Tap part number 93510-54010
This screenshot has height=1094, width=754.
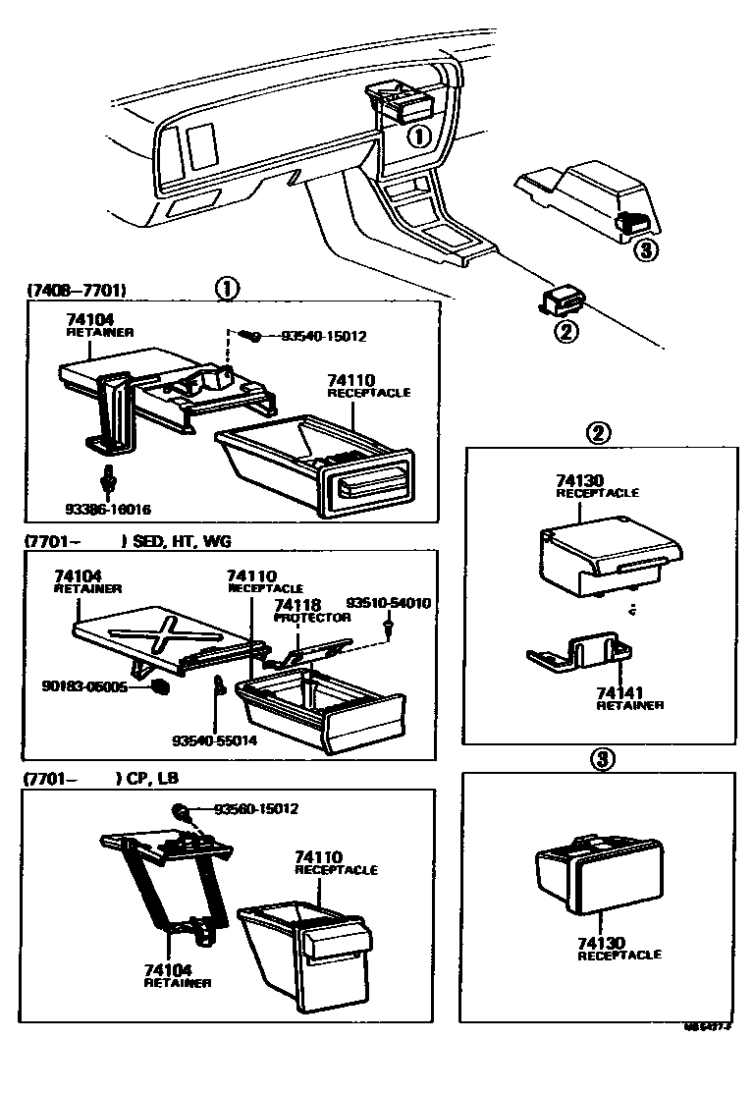[x=389, y=602]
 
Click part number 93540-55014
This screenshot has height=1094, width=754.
[x=214, y=740]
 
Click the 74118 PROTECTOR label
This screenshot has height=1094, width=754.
[x=311, y=611]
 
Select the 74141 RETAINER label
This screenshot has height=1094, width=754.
[x=629, y=698]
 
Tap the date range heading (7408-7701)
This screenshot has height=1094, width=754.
[x=77, y=290]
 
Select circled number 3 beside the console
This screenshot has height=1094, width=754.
[x=643, y=249]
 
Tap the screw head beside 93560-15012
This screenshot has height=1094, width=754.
[x=183, y=810]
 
